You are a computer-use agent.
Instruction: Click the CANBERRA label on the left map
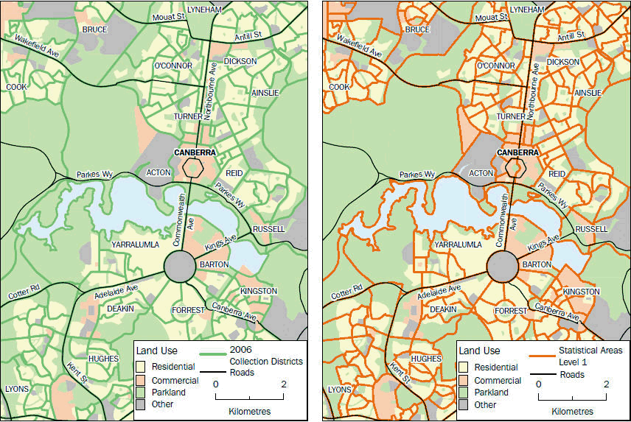(x=195, y=152)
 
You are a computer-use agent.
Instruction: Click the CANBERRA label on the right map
(x=517, y=152)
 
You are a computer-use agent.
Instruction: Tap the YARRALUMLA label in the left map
(x=136, y=243)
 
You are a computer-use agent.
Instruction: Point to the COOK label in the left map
(x=16, y=87)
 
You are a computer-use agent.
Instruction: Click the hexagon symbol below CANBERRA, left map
(x=194, y=168)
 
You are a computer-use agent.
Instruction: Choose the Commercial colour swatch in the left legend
(x=140, y=380)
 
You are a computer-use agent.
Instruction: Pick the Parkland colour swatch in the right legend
(x=464, y=393)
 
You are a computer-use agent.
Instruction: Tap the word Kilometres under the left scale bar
(x=250, y=410)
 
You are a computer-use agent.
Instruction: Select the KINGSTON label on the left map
(x=258, y=292)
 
